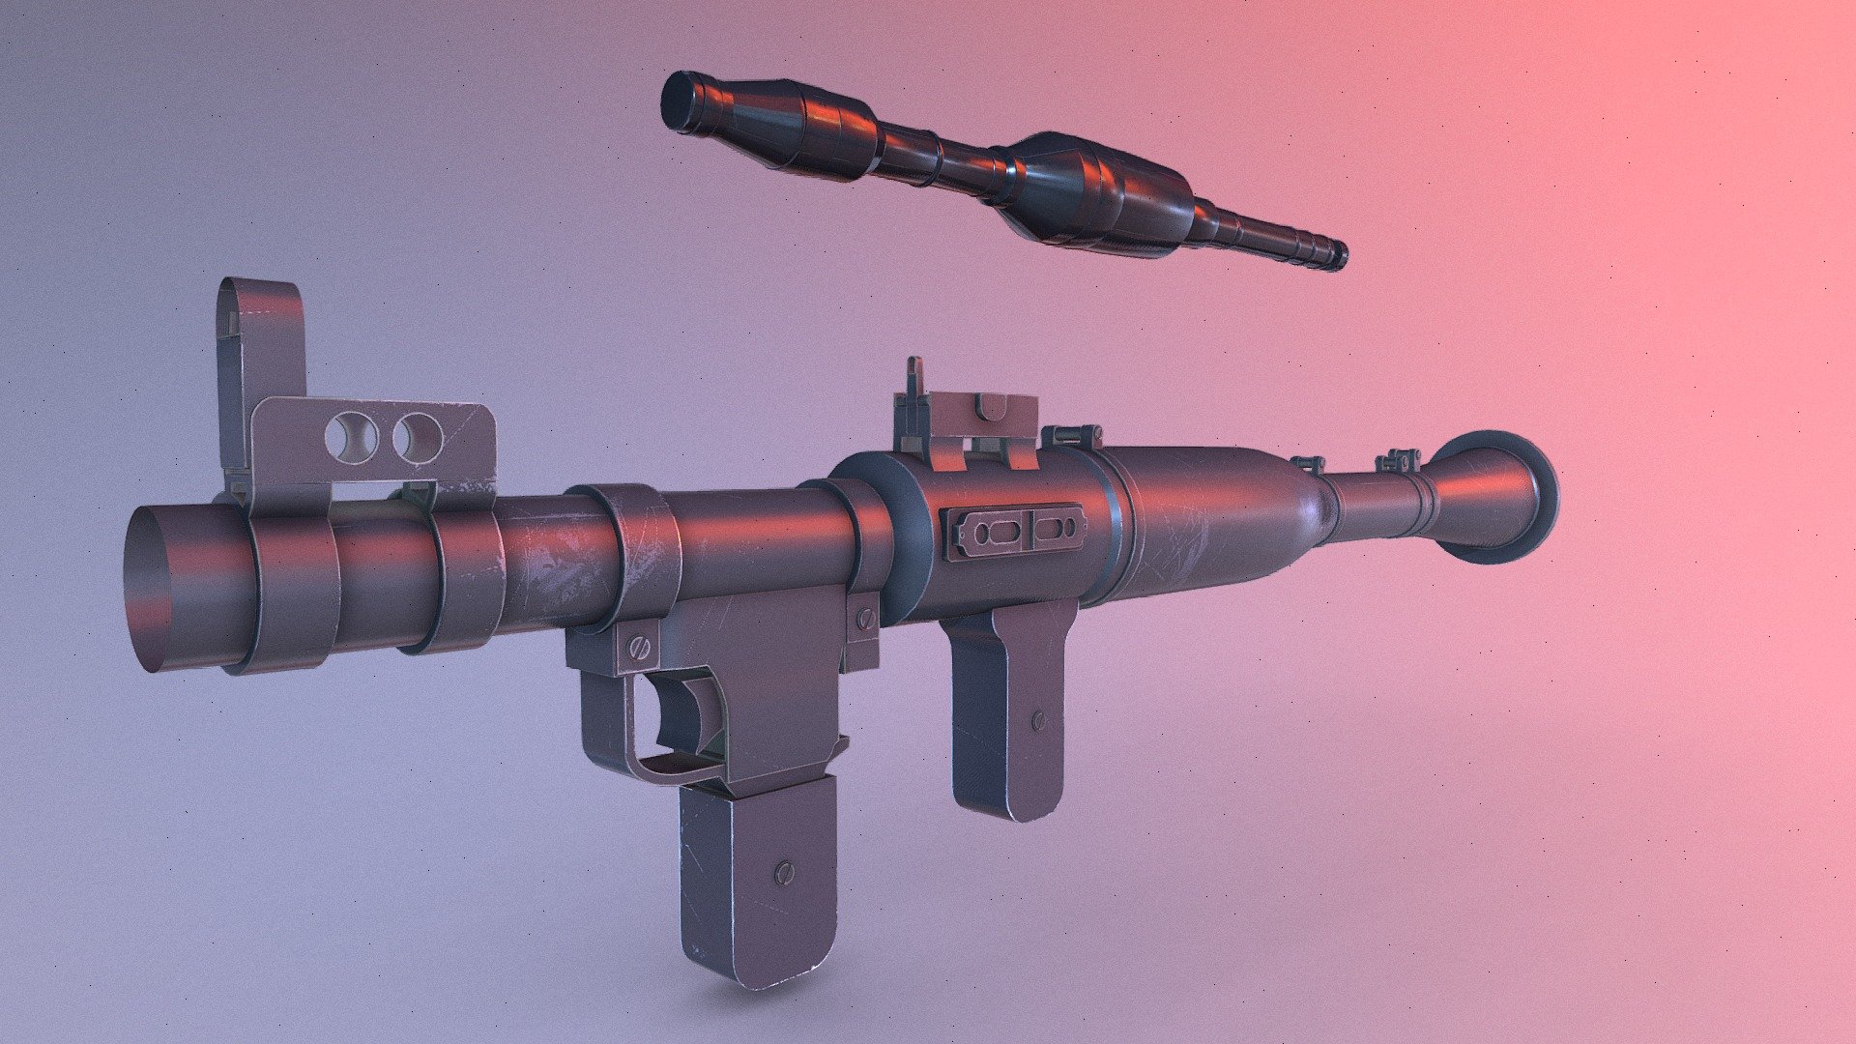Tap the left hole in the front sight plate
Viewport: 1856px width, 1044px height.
click(352, 436)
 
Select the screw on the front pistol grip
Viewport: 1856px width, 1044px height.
click(783, 873)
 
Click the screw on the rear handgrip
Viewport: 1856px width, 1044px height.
click(1039, 719)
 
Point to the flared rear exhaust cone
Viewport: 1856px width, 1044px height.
click(1493, 496)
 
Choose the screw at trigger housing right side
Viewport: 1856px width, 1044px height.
click(862, 616)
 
